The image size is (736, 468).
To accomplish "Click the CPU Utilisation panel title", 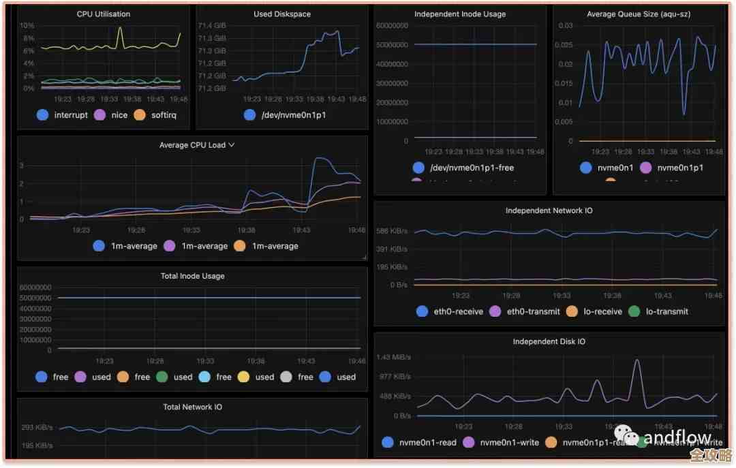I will point(104,14).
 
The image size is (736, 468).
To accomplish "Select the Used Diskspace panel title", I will point(281,14).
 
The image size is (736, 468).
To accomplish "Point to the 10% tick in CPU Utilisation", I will point(27,26).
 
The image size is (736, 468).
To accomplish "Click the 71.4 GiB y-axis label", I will point(212,26).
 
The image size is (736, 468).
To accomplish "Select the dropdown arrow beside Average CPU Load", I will point(232,144).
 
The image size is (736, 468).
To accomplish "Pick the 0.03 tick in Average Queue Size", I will point(566,26).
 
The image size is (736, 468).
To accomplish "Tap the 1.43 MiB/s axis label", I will point(393,358).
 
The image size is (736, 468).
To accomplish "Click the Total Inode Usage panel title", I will point(193,276).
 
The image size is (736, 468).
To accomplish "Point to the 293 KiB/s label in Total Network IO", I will point(38,428).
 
